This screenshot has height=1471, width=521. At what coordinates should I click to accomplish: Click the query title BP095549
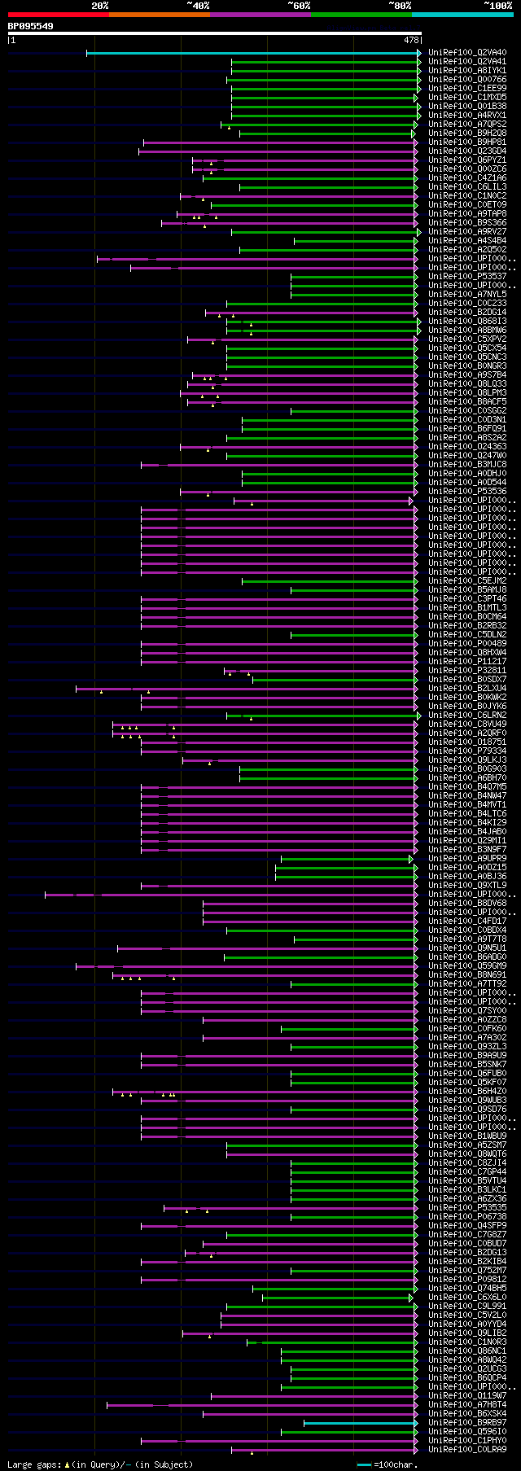tap(31, 26)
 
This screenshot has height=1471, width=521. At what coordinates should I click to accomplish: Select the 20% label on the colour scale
tap(100, 6)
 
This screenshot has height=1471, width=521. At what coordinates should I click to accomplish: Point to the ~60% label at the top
tap(299, 6)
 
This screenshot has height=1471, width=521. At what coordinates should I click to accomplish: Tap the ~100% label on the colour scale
tap(497, 6)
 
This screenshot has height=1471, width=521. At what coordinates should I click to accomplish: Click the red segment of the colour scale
tap(58, 15)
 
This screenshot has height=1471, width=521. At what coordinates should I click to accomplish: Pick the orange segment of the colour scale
tap(159, 15)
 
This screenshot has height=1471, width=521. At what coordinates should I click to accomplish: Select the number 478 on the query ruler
tap(411, 40)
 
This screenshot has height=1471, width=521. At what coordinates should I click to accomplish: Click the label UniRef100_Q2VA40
tap(467, 53)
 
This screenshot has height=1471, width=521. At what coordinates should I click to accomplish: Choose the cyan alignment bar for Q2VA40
tap(252, 53)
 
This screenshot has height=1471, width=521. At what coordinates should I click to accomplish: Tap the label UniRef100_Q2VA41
tap(467, 62)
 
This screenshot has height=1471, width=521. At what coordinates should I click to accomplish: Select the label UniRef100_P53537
tap(467, 277)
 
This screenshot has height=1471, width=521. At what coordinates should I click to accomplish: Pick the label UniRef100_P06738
tap(467, 1217)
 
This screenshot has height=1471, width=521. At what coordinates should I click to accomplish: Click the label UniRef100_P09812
tap(467, 1280)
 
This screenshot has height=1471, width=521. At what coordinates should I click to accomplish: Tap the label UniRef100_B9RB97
tap(467, 1423)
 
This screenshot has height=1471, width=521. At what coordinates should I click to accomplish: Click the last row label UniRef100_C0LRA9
tap(467, 1450)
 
